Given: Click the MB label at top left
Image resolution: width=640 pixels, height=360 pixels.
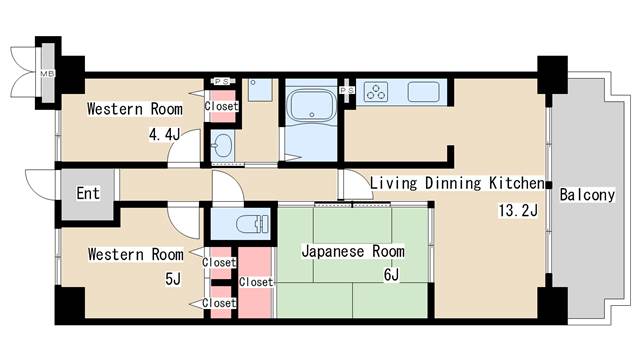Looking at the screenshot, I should click(x=46, y=74).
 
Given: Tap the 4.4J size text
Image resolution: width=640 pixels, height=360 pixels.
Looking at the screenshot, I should click(x=165, y=134).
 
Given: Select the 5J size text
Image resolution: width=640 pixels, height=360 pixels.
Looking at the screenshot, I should click(x=171, y=279).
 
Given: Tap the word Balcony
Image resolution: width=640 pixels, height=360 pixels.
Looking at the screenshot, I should click(x=587, y=195).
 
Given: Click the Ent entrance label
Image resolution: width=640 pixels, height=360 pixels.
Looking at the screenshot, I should click(x=88, y=192).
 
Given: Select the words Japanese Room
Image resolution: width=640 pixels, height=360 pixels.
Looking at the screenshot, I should click(x=353, y=251).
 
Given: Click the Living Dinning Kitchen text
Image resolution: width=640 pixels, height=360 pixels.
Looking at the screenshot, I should click(x=456, y=184).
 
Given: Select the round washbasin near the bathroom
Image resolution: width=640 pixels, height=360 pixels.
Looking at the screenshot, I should click(x=222, y=148).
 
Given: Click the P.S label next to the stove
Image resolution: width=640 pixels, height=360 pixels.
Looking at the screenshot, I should click(x=347, y=91).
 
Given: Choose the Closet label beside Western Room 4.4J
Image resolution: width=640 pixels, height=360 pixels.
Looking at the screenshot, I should click(x=221, y=106).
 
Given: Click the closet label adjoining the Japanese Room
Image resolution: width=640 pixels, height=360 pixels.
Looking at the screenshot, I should click(x=255, y=282).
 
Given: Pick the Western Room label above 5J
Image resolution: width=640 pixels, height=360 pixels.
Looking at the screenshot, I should click(x=128, y=254).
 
